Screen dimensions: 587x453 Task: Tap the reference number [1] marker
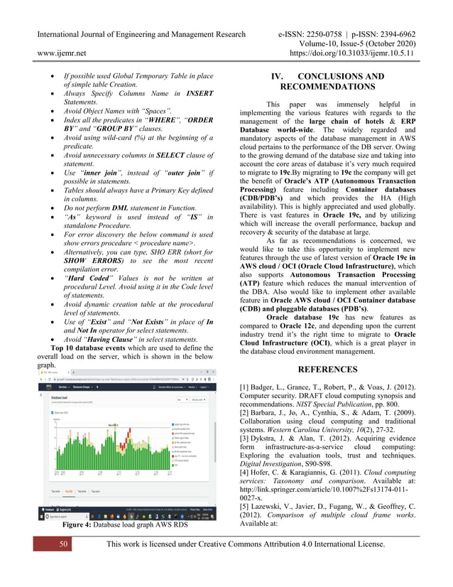click(246, 387)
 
